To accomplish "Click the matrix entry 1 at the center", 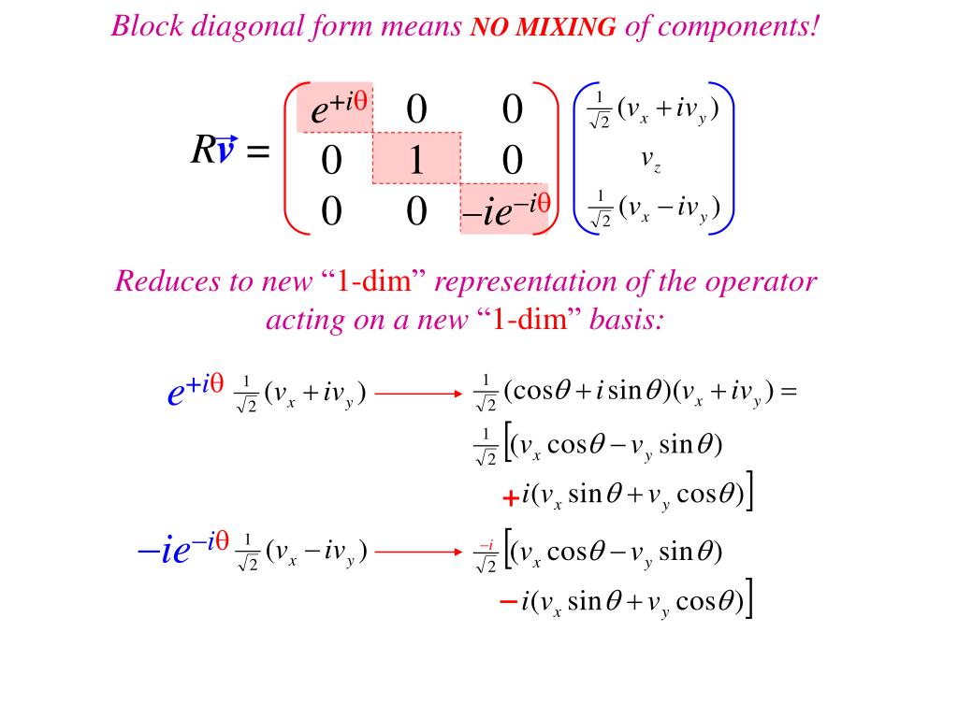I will click(415, 162).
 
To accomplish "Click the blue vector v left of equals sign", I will click(225, 150).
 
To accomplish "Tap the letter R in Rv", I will click(203, 150).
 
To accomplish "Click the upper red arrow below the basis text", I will click(418, 395).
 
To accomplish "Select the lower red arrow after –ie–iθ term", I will click(418, 551).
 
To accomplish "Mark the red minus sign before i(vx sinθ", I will click(509, 603).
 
